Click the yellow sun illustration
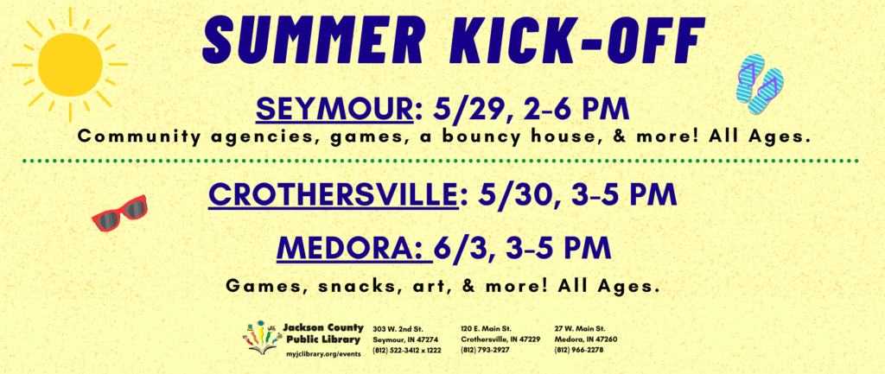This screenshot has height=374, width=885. tap(70, 64)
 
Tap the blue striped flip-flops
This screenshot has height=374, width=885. tap(760, 84)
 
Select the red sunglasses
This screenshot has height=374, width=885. tap(119, 212)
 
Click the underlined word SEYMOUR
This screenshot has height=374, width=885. tap(334, 110)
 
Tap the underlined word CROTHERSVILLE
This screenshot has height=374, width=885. tap(333, 195)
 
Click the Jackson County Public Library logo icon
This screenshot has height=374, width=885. tap(262, 338)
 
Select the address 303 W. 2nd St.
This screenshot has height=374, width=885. tap(398, 328)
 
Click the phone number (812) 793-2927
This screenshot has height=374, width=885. tap(486, 350)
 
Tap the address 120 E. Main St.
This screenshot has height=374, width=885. tap(487, 328)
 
